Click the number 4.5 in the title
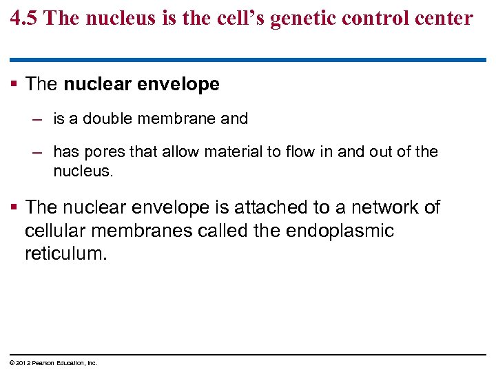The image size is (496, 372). tap(25, 18)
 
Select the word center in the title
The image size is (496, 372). tap(444, 18)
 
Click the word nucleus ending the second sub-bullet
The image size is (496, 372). tap(82, 170)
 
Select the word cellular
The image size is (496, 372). tap(56, 230)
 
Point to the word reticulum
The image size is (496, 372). tap(66, 254)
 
